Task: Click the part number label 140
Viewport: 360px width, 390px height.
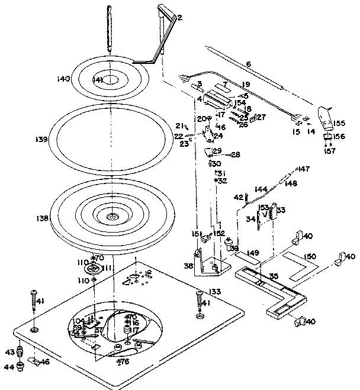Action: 63,79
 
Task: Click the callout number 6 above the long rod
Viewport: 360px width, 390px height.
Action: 249,64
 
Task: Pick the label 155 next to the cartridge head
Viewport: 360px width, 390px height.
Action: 339,123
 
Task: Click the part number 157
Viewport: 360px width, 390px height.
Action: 329,151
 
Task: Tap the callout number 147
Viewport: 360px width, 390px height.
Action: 303,169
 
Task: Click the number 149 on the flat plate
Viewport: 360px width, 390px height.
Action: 253,253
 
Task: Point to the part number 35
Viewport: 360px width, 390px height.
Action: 274,276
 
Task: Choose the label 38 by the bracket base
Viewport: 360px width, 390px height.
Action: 188,266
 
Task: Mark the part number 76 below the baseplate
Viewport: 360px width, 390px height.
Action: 124,361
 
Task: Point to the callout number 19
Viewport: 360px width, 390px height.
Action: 245,85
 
